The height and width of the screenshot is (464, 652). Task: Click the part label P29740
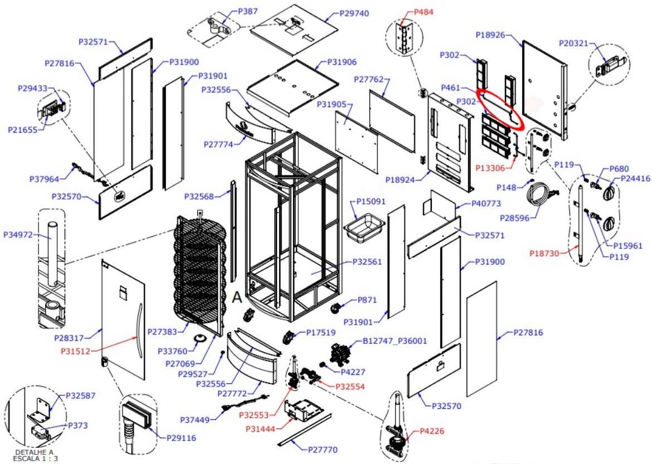[x=354, y=13]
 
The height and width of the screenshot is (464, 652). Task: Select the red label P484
[x=424, y=12]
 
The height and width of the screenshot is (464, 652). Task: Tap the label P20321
[x=573, y=43]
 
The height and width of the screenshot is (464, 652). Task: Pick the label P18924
[x=400, y=180]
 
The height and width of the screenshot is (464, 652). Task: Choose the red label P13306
[x=490, y=168]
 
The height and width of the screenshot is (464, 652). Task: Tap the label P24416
[x=635, y=179]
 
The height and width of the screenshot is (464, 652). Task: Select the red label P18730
[x=544, y=253]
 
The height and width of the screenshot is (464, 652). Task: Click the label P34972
[x=18, y=235]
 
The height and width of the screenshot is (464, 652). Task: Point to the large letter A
[x=237, y=297]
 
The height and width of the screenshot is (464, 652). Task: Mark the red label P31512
[x=75, y=351]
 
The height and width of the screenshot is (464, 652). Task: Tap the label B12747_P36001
[x=395, y=341]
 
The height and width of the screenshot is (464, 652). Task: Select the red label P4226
[x=432, y=431]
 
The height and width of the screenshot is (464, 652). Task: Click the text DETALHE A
[x=34, y=452]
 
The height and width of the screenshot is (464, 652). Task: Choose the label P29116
[x=181, y=438]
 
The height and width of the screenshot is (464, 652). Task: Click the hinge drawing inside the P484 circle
[x=404, y=38]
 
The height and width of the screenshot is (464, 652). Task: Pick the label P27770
[x=323, y=450]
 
